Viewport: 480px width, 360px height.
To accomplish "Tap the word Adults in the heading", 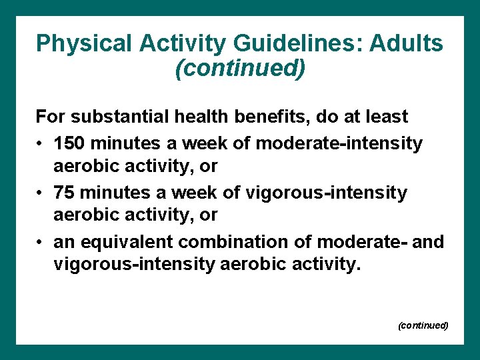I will [x=407, y=43].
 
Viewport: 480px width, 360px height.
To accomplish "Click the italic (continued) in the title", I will [x=240, y=68].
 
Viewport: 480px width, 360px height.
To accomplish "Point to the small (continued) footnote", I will [x=423, y=325].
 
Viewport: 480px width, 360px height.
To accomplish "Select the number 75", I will [x=65, y=193].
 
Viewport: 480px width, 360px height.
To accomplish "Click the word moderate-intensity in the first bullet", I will [x=339, y=143].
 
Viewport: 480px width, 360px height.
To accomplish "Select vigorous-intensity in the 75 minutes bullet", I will [x=327, y=193].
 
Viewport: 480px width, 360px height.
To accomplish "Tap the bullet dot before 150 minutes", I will [x=40, y=144].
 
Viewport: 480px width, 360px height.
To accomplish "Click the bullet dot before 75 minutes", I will [x=40, y=193].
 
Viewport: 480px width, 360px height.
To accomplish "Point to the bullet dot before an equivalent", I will [x=40, y=242].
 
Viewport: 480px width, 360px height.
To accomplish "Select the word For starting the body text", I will [x=50, y=117].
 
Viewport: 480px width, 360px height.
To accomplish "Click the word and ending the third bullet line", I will [x=427, y=241].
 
